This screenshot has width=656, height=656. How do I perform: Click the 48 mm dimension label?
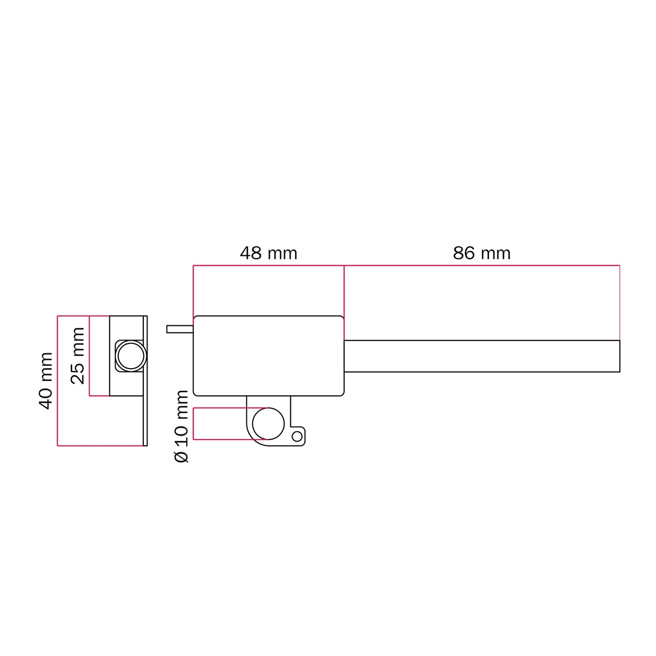tap(268, 253)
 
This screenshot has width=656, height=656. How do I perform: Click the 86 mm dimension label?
tap(482, 253)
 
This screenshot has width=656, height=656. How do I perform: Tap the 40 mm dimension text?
tap(46, 380)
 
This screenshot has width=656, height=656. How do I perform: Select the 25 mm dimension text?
tap(78, 355)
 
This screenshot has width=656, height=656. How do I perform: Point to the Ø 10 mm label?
tap(181, 426)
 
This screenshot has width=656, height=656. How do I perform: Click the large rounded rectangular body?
tap(268, 355)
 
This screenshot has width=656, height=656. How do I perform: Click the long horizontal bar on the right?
tap(481, 356)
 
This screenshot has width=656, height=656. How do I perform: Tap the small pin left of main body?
tap(180, 329)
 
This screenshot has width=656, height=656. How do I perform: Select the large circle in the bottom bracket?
tap(268, 424)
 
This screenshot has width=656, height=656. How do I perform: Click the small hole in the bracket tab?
tap(297, 437)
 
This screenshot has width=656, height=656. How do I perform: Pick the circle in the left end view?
tap(131, 355)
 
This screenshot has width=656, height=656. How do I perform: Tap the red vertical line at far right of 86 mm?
tap(620, 302)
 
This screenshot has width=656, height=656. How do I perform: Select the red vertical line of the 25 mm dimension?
tap(89, 355)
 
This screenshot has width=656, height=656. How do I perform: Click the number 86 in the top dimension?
tap(464, 253)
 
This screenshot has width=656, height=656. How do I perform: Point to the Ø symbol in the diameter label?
tap(182, 457)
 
